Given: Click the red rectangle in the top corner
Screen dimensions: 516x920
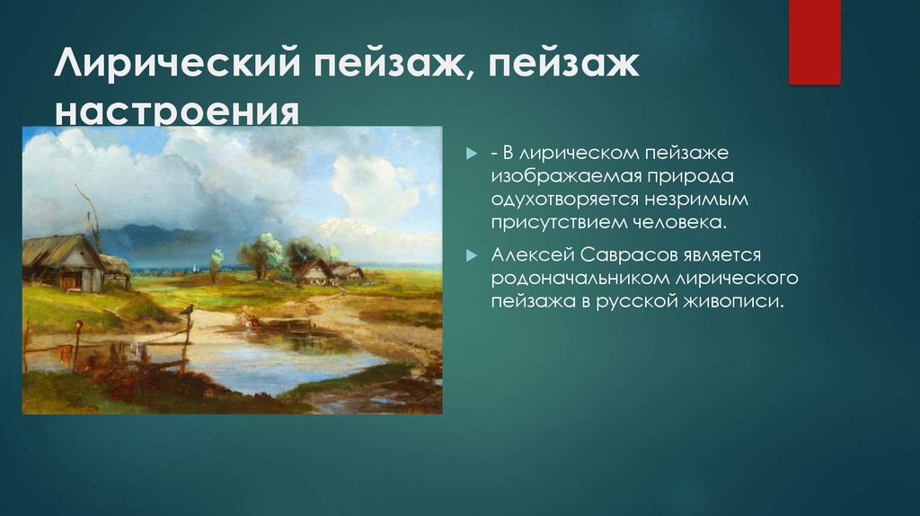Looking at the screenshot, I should tap(814, 42).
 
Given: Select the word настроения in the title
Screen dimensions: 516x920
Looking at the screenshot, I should tap(176, 114).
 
